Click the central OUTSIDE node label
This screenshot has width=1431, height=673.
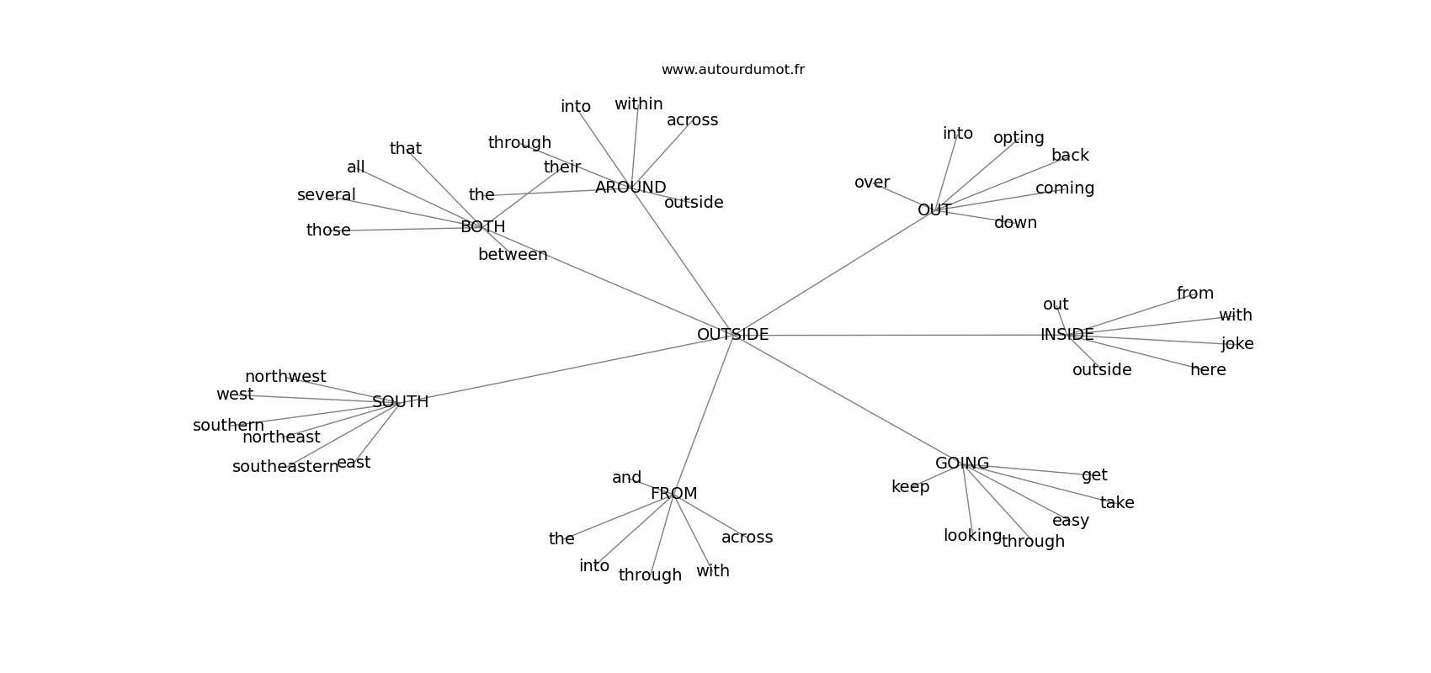click(732, 335)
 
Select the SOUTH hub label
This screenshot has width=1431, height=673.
click(400, 402)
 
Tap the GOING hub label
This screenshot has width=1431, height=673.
click(962, 464)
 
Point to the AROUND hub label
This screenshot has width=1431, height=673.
click(630, 188)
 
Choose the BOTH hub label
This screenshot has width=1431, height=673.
click(482, 227)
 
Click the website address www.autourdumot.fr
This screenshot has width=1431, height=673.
click(732, 70)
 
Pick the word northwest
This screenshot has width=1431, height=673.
click(285, 377)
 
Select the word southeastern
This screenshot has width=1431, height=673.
click(285, 467)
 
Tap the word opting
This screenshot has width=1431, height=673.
click(1019, 138)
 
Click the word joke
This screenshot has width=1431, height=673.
click(1237, 344)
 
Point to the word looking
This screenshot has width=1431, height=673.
click(972, 536)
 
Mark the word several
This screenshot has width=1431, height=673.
click(327, 195)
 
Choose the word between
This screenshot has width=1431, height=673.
click(513, 255)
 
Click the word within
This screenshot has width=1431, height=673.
click(638, 104)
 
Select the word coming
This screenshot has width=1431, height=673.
click(1065, 188)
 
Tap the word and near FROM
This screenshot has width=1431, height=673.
click(626, 478)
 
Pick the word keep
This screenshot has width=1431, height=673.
click(910, 487)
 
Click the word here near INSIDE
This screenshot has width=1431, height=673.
click(1208, 370)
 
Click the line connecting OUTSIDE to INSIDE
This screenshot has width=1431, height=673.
click(901, 336)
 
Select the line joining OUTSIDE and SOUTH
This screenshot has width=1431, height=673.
click(564, 369)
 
